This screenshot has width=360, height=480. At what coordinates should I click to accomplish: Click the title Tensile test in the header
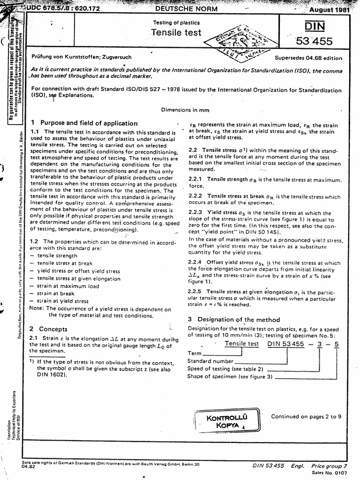(x=176, y=32)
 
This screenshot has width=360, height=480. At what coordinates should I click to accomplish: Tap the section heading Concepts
(x=53, y=329)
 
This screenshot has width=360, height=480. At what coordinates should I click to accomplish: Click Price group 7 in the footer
(x=330, y=466)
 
